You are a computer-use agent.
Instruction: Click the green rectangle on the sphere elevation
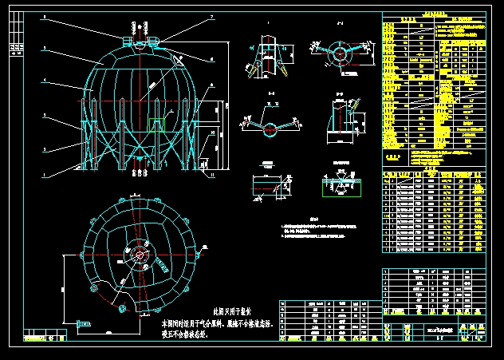158,123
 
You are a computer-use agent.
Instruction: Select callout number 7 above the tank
212,17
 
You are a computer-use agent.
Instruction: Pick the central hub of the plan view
141,255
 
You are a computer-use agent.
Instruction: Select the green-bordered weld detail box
341,186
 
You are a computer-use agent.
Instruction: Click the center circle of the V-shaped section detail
268,128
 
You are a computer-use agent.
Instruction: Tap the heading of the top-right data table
433,14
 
